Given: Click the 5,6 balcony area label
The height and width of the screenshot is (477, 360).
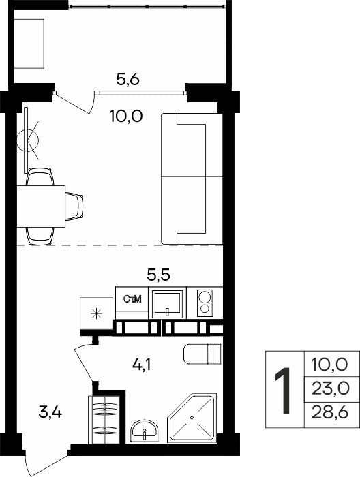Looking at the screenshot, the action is (x=127, y=80).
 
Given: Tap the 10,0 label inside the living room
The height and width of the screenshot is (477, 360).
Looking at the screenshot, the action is (x=126, y=117).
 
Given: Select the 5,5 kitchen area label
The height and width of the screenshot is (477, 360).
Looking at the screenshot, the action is (x=158, y=275).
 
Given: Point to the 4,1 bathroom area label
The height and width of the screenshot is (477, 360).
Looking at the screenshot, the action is (x=142, y=365).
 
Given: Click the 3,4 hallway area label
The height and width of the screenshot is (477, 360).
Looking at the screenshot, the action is (x=50, y=412).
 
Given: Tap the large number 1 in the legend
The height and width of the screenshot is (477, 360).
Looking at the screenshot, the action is (x=282, y=390).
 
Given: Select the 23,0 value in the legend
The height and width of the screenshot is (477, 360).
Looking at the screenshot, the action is (x=330, y=389).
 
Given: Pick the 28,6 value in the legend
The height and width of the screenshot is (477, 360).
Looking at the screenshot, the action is (x=330, y=413).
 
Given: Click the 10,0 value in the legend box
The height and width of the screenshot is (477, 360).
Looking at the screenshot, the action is (x=329, y=365).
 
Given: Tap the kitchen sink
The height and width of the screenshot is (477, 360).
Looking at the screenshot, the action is (x=167, y=303).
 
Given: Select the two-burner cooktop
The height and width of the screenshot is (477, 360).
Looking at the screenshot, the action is (x=205, y=303).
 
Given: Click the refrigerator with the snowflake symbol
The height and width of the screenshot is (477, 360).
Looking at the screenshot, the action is (x=97, y=313).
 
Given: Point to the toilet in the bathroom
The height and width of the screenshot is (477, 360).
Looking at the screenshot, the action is (x=202, y=354).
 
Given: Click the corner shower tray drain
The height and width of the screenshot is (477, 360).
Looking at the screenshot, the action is (x=192, y=417).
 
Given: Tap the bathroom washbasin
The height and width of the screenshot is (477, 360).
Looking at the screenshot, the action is (x=145, y=431).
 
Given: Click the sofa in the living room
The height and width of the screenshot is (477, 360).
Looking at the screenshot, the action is (x=192, y=179).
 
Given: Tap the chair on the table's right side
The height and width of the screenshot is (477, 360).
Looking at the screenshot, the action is (x=74, y=206).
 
